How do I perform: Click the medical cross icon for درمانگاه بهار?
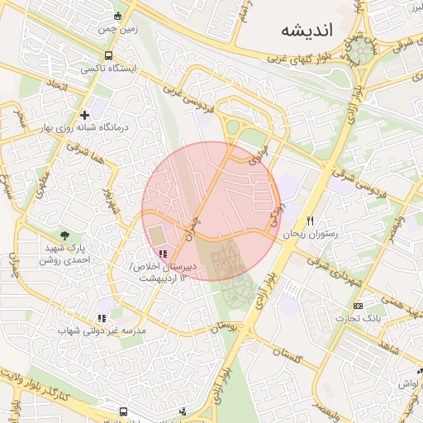tap(84, 115)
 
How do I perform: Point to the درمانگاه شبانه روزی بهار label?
tap(76, 129)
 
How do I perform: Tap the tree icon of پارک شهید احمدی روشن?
tap(64, 236)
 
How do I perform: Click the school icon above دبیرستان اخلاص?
tap(164, 254)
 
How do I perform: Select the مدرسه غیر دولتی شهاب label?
tap(102, 330)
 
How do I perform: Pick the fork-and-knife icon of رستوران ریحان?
tap(311, 221)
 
